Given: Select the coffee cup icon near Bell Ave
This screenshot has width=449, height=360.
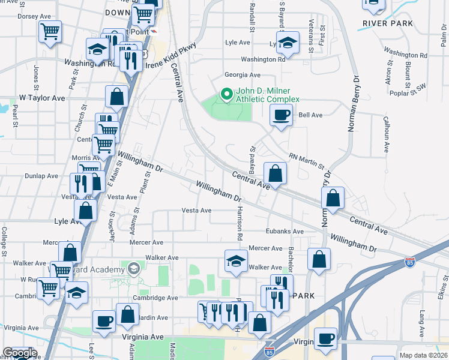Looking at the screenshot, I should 281,115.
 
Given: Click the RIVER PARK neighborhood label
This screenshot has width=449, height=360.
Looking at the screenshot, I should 388,23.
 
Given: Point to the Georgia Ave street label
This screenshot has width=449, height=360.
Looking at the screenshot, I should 243,75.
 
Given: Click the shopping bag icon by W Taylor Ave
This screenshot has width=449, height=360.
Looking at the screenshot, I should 116,96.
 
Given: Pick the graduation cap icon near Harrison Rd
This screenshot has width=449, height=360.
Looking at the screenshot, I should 236,260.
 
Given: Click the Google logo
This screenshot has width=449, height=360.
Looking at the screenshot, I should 19,353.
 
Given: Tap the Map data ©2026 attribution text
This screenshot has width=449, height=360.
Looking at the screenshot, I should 423,355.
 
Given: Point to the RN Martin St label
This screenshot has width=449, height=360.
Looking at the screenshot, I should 307,160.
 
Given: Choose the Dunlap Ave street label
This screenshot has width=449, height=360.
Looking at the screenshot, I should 41,176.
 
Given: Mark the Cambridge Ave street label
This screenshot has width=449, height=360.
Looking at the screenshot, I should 156,298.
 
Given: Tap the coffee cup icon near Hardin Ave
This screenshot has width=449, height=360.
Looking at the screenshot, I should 104,320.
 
